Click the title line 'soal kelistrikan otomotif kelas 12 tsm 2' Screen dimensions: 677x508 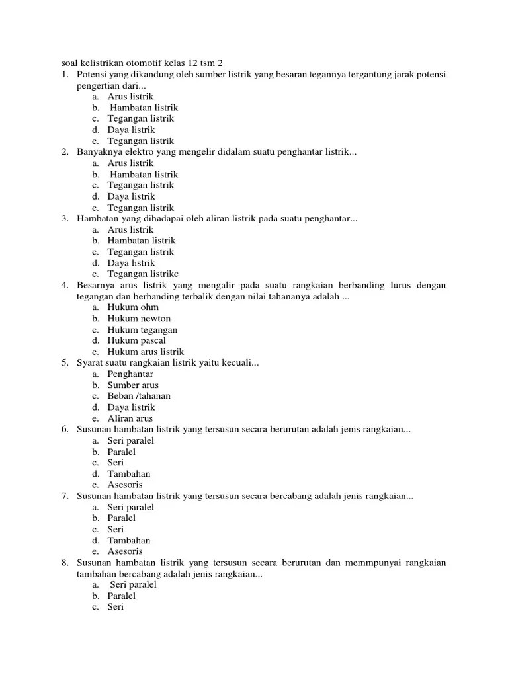point(138,63)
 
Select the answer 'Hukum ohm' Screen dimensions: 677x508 point(133,307)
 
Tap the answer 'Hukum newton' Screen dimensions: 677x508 point(139,319)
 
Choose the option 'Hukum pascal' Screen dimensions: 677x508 point(137,340)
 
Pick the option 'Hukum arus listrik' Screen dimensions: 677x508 point(146,352)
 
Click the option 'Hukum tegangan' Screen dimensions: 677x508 point(142,330)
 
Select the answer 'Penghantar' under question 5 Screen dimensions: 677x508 point(131,374)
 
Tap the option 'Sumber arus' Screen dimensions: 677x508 point(133,385)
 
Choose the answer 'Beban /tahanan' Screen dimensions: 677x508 point(139,396)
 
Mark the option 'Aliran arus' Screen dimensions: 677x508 point(130,418)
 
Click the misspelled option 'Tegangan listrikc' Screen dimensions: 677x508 point(143,274)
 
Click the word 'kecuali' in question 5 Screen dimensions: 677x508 point(241,363)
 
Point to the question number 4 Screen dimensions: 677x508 point(65,285)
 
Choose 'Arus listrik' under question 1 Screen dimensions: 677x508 point(130,97)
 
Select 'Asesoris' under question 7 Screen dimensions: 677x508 point(126,551)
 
